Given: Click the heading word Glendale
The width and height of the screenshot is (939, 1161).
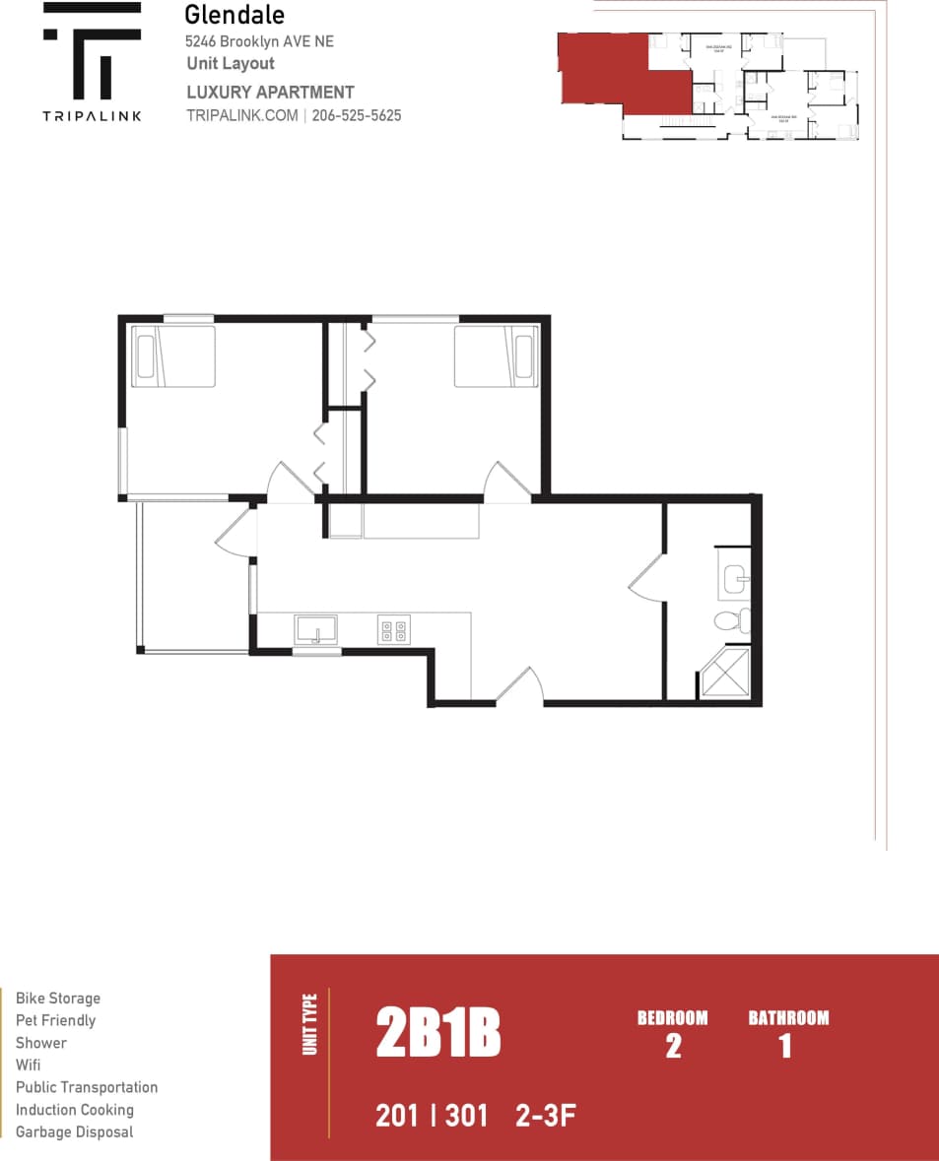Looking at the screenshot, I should (x=235, y=15).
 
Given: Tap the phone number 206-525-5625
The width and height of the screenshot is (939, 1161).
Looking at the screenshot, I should (x=356, y=115).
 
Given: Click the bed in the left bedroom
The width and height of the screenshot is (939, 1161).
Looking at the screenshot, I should (x=174, y=355).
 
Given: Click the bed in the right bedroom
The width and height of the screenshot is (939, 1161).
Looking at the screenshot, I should (x=495, y=356).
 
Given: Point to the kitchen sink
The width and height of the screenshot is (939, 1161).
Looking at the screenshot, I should (x=315, y=629).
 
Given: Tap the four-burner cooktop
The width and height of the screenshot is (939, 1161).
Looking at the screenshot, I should (x=394, y=629).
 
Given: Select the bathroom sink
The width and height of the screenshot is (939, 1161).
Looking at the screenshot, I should (x=736, y=579).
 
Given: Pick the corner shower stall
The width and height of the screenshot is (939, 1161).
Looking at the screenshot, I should (x=725, y=673).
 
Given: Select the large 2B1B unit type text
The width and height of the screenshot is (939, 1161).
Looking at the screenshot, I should (x=438, y=1034).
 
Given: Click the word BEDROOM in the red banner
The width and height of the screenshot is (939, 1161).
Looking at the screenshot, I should (x=672, y=1018).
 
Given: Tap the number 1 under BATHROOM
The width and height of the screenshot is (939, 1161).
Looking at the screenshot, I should (x=785, y=1046).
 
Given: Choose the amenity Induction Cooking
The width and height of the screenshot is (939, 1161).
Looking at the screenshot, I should (x=75, y=1110).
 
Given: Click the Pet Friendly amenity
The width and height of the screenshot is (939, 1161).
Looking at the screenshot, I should (x=55, y=1020).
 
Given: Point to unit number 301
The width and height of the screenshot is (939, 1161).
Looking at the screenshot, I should (x=466, y=1116).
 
